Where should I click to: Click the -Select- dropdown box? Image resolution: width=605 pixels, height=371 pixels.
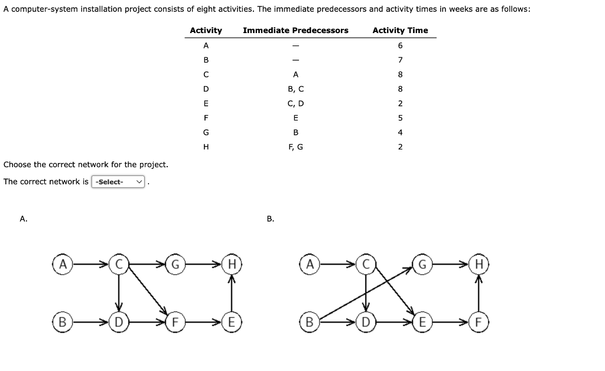point(118,181)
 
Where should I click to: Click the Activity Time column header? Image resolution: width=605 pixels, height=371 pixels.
point(400,30)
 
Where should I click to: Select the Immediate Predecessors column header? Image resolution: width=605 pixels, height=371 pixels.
point(295,30)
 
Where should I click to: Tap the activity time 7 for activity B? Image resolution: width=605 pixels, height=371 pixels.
point(400,60)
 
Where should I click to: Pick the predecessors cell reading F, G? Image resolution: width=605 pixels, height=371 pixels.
point(295,147)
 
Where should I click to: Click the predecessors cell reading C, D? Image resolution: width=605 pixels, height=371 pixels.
point(295,103)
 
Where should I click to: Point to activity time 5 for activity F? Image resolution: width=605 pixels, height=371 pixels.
point(400,118)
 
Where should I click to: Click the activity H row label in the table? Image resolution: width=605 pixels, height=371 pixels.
point(206,147)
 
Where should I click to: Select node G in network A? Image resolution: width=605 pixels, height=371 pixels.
point(175,263)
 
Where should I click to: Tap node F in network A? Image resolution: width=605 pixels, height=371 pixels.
point(175,323)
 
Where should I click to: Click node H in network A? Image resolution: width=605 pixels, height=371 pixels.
point(233,263)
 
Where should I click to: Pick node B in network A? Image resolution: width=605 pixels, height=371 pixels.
point(61,323)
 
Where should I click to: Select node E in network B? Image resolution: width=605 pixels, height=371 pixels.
point(422,323)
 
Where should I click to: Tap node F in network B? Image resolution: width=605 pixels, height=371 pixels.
point(480,323)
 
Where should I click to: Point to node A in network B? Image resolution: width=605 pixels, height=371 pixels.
point(308,263)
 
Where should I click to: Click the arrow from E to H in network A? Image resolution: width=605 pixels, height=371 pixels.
point(233,292)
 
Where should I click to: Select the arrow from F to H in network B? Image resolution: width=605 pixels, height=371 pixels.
point(480,292)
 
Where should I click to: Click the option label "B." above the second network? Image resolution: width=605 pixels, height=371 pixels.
point(270,219)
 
